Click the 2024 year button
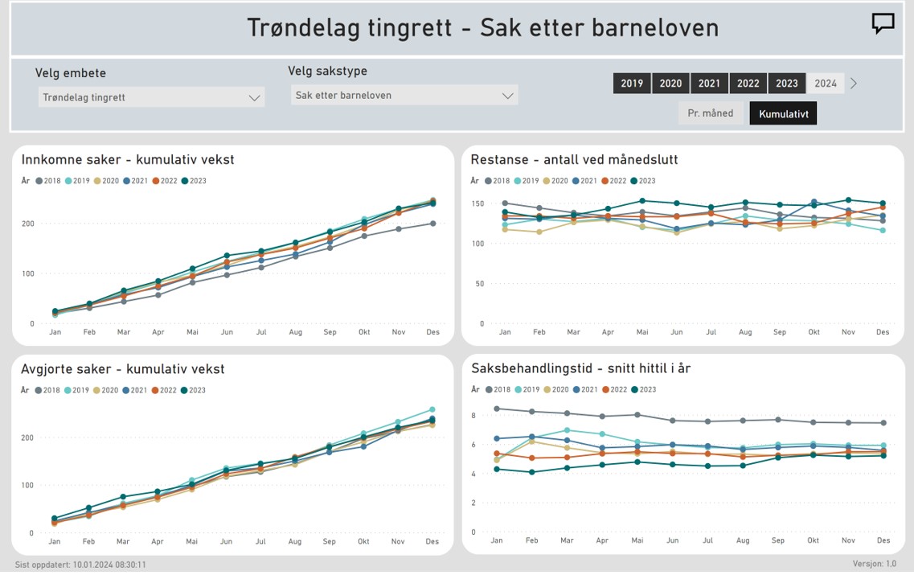click(x=826, y=84)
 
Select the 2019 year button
click(x=632, y=84)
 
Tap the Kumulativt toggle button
click(x=784, y=113)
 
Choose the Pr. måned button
click(x=710, y=113)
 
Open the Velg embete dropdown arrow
click(x=254, y=98)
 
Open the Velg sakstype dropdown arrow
click(x=508, y=96)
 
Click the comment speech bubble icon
click(x=883, y=23)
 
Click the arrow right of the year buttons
click(x=854, y=84)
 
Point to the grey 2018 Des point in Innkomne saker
click(x=433, y=224)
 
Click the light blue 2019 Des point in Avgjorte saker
click(x=432, y=409)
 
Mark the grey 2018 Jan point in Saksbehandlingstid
click(x=497, y=409)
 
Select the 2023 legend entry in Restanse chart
click(x=643, y=181)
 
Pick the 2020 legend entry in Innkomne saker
click(x=106, y=181)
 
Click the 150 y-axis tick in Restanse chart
click(x=478, y=203)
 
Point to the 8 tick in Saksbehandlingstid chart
click(x=473, y=416)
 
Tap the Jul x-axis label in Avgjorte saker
click(x=260, y=541)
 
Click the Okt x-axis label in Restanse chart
click(x=814, y=332)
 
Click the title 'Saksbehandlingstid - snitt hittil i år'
click(x=580, y=368)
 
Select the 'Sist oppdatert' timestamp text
click(x=80, y=565)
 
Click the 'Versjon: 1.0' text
click(x=875, y=564)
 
